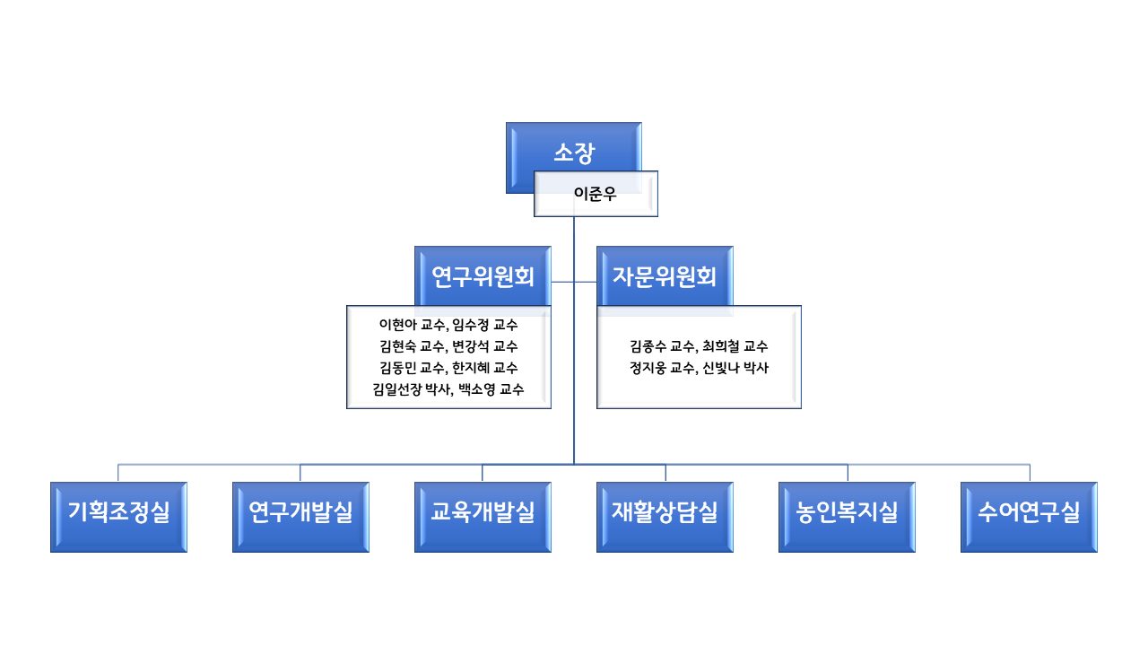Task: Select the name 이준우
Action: click(x=595, y=194)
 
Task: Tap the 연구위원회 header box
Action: click(x=483, y=276)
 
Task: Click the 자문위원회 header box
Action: click(x=665, y=276)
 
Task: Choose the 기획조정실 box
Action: click(x=119, y=517)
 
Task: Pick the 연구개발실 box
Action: click(x=300, y=517)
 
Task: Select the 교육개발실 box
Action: click(x=483, y=517)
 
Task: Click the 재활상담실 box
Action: click(x=665, y=517)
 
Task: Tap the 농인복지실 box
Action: click(x=847, y=517)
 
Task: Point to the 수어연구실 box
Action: click(x=1029, y=517)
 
